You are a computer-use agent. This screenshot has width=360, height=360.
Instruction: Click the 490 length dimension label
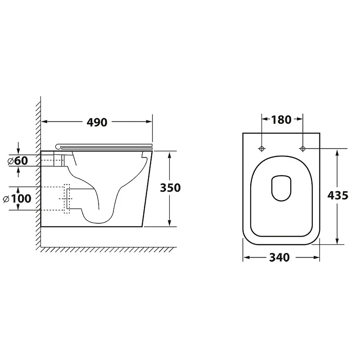[x=97, y=122]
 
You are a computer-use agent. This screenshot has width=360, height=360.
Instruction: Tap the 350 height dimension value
[x=170, y=188]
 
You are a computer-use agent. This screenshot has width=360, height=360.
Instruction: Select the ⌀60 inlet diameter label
[x=18, y=161]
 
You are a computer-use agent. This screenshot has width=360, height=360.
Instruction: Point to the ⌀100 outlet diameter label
[x=17, y=198]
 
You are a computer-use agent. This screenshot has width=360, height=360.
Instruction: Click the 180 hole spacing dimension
[x=281, y=120]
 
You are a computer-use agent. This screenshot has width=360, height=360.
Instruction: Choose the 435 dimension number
[x=338, y=196]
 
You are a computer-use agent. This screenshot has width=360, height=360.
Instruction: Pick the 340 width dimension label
[x=279, y=257]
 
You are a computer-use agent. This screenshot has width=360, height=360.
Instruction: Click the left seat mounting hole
[x=261, y=149]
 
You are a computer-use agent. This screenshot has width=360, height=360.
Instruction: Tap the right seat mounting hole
[x=302, y=149]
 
